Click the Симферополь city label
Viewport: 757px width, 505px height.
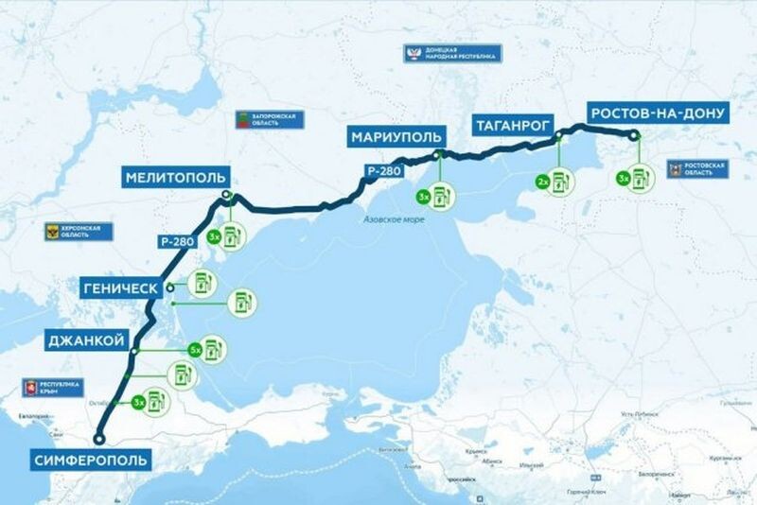(x=90, y=461)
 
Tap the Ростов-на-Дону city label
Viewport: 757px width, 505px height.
(x=658, y=113)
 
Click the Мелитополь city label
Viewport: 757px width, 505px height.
(x=176, y=177)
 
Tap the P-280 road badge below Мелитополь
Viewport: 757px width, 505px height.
(x=177, y=242)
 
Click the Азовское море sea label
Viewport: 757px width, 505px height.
(x=394, y=219)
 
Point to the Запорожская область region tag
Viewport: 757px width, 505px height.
(x=268, y=121)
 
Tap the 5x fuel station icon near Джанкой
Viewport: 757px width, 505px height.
(x=216, y=350)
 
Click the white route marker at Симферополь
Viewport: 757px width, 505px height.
(x=98, y=437)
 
